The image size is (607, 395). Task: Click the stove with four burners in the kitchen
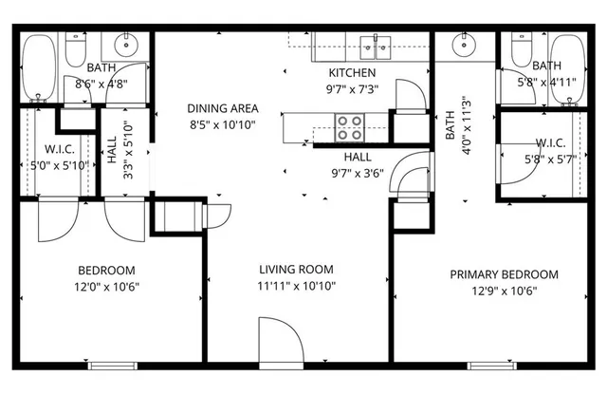tap(349, 126)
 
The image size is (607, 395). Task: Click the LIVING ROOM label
tap(294, 270)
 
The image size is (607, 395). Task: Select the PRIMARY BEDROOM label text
tap(504, 274)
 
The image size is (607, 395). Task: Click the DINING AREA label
tap(223, 108)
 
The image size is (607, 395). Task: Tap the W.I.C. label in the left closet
tap(40, 149)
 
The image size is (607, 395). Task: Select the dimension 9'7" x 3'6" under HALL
tap(358, 173)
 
